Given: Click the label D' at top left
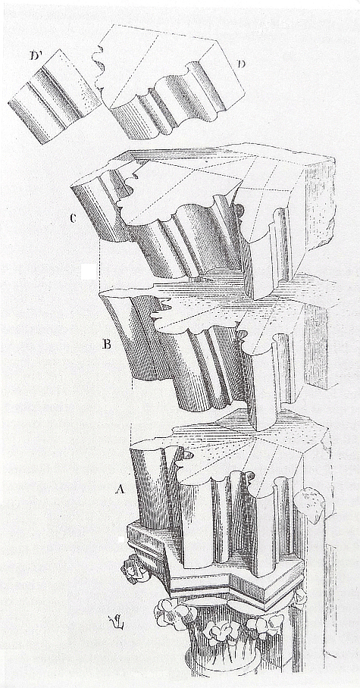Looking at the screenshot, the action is [37, 56].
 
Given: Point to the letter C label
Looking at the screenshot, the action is [74, 218].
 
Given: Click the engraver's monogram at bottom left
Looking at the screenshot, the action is [114, 622].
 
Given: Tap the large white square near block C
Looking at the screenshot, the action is [88, 271].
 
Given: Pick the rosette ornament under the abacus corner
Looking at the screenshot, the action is [133, 568].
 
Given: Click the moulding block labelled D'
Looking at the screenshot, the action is [52, 98].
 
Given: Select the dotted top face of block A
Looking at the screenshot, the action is [255, 448].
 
